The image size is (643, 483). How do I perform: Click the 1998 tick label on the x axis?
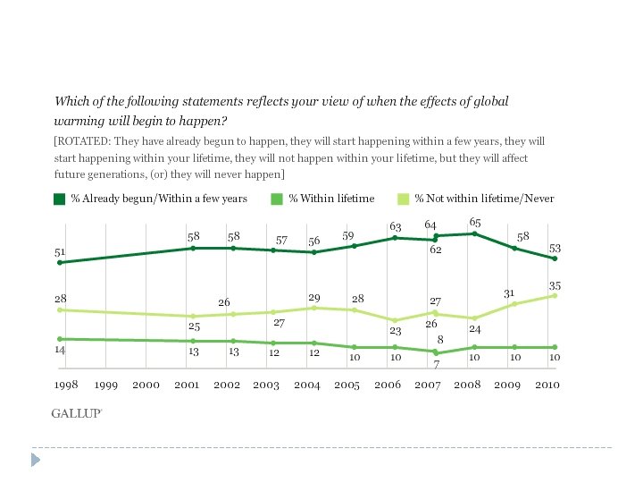(x=66, y=385)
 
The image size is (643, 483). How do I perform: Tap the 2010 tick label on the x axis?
(x=547, y=385)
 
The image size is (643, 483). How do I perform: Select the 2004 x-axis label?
(x=306, y=385)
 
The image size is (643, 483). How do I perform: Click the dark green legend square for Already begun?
(x=59, y=199)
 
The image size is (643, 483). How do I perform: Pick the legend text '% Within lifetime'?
(x=331, y=199)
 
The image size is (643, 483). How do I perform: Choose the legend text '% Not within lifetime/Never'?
(x=484, y=199)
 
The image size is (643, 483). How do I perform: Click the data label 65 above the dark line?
(x=475, y=221)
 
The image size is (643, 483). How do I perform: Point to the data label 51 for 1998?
(x=60, y=253)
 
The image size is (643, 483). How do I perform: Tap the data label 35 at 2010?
(x=555, y=284)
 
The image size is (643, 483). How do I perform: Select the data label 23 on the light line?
(x=395, y=330)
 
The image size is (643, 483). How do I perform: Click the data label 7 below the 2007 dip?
(x=437, y=364)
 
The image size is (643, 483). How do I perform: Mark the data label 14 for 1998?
(x=60, y=352)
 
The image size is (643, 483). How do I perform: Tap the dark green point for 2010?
(x=555, y=258)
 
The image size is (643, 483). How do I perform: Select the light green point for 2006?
(x=395, y=320)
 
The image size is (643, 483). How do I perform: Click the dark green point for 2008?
(x=474, y=233)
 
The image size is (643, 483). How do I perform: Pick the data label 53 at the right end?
(x=555, y=248)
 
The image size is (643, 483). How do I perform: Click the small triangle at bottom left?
(x=37, y=460)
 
